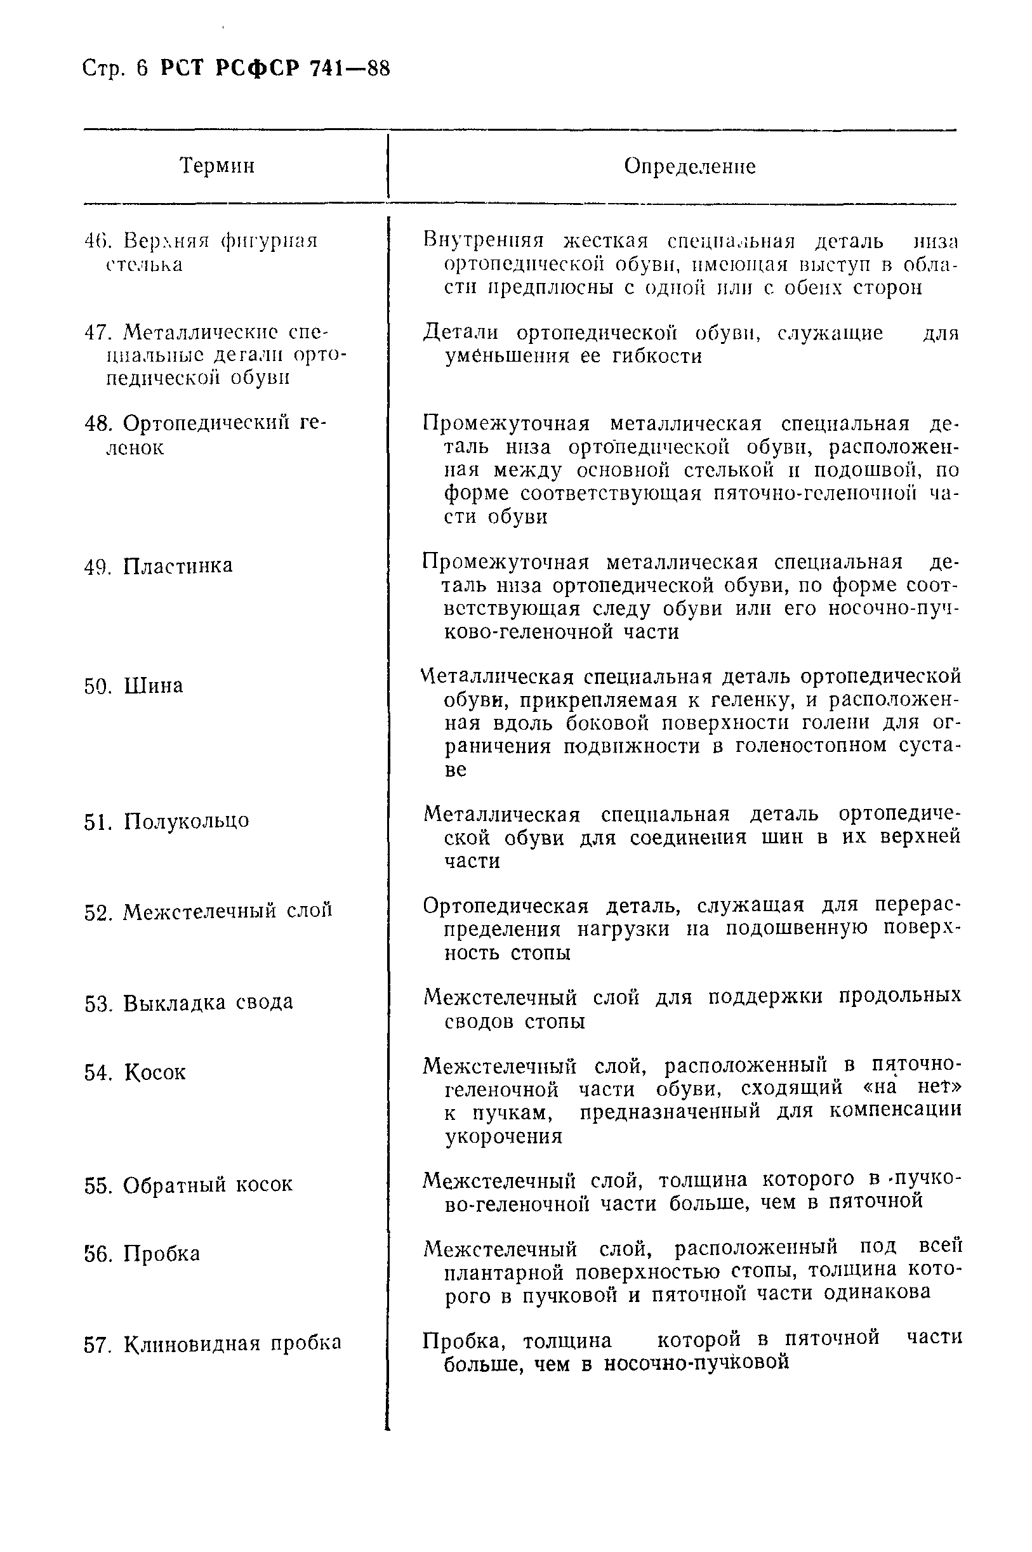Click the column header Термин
pos(217,165)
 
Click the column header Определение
pos(689,166)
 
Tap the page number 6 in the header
pos(143,68)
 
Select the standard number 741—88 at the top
pos(350,68)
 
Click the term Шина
pos(154,686)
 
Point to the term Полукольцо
pos(186,821)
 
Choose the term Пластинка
pos(178,566)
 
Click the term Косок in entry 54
pos(155,1072)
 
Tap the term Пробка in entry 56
pos(161,1253)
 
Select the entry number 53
pos(97,1003)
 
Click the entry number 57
pos(97,1343)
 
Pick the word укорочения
pos(503,1137)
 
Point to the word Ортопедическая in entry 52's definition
pos(505,906)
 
